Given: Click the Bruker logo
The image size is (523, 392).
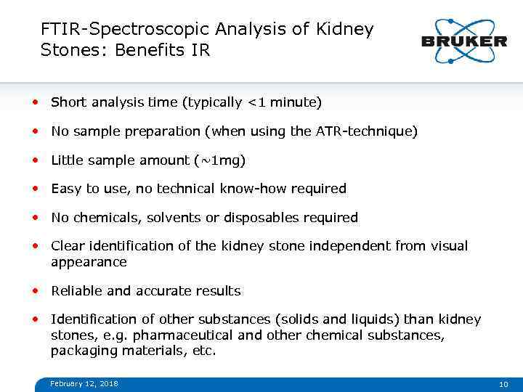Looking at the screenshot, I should click(464, 41).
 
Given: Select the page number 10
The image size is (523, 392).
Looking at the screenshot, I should click(503, 384).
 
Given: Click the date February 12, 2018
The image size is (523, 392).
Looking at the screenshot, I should click(84, 383).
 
